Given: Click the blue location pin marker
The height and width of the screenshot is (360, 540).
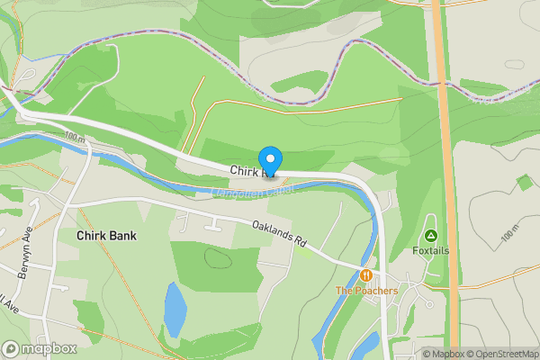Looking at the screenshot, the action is click(270, 159).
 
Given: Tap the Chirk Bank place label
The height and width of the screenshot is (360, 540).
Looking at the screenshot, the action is click(106, 236).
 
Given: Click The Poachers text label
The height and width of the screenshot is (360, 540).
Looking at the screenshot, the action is click(366, 291).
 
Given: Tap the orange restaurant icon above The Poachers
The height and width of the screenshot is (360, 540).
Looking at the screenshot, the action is click(366, 274).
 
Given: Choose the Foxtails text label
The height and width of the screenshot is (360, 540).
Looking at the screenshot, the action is click(430, 250).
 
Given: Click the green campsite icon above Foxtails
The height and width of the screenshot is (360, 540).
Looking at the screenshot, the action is click(430, 236).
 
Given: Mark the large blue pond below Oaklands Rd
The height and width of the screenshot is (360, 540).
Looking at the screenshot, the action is click(175, 309).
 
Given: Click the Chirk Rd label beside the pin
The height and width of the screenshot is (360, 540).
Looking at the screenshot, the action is click(245, 171).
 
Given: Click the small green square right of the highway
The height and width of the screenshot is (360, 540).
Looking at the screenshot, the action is click(524, 183).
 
